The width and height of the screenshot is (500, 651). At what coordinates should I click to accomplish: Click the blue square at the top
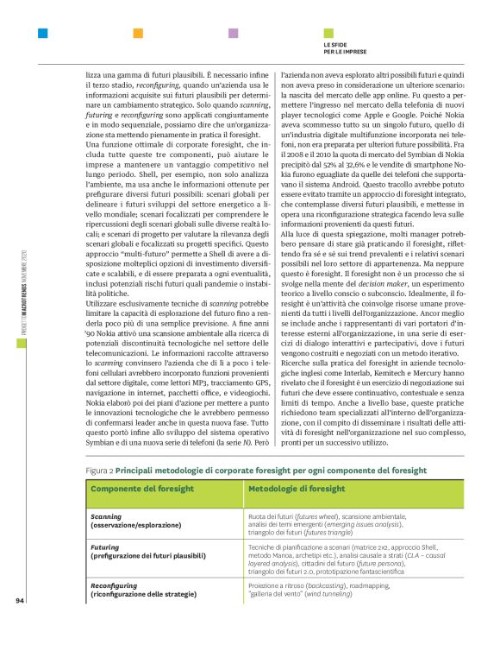click(x=43, y=34)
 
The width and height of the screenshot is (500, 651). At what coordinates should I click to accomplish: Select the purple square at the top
click(x=233, y=34)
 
